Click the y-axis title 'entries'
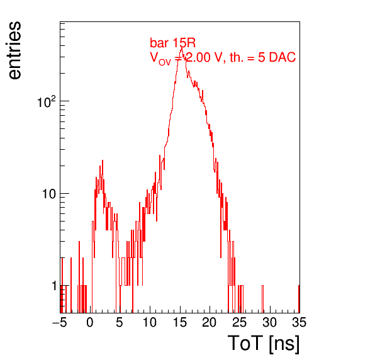(x=15, y=50)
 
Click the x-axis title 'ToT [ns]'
(x=264, y=344)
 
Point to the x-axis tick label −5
(x=60, y=322)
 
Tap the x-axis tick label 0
(x=90, y=322)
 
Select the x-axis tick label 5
(x=120, y=322)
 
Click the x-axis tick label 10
(x=150, y=322)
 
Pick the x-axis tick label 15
(x=180, y=322)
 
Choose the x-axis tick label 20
(x=210, y=322)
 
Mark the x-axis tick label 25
(x=240, y=322)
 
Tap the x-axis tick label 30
(x=270, y=322)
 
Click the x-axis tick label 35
(x=299, y=322)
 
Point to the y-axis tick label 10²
(x=47, y=102)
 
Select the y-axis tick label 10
(x=49, y=194)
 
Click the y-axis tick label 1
(x=54, y=286)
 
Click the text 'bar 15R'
(x=172, y=43)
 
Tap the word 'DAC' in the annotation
(x=283, y=57)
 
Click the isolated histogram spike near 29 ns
(x=262, y=299)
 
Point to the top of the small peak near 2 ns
(x=103, y=160)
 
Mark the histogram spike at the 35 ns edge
(x=299, y=299)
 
